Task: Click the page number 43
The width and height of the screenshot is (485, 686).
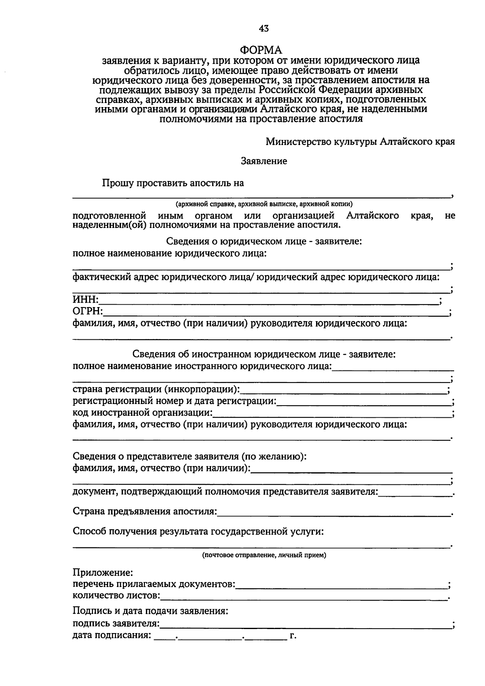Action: (x=264, y=28)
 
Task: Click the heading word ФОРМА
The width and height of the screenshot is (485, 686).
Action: (x=261, y=50)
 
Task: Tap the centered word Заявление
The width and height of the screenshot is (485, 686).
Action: (x=264, y=161)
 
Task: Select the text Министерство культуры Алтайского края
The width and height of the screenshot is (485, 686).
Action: (x=360, y=142)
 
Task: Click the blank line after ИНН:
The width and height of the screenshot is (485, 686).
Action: (x=269, y=301)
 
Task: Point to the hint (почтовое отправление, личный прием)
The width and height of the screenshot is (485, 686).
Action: (x=264, y=555)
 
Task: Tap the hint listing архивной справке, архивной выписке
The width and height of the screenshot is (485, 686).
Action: (x=264, y=204)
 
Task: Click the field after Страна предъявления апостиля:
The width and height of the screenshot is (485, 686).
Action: (x=333, y=513)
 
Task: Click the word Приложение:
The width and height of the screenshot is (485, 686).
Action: (x=103, y=573)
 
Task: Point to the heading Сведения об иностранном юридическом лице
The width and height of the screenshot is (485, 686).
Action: (x=264, y=354)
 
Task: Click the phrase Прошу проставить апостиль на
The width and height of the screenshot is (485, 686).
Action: (x=173, y=183)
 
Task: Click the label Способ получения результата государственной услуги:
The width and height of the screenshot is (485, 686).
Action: (x=198, y=531)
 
